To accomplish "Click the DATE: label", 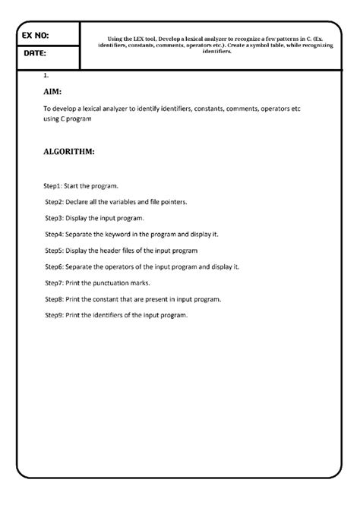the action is point(35,55).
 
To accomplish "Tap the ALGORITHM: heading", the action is point(69,152).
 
